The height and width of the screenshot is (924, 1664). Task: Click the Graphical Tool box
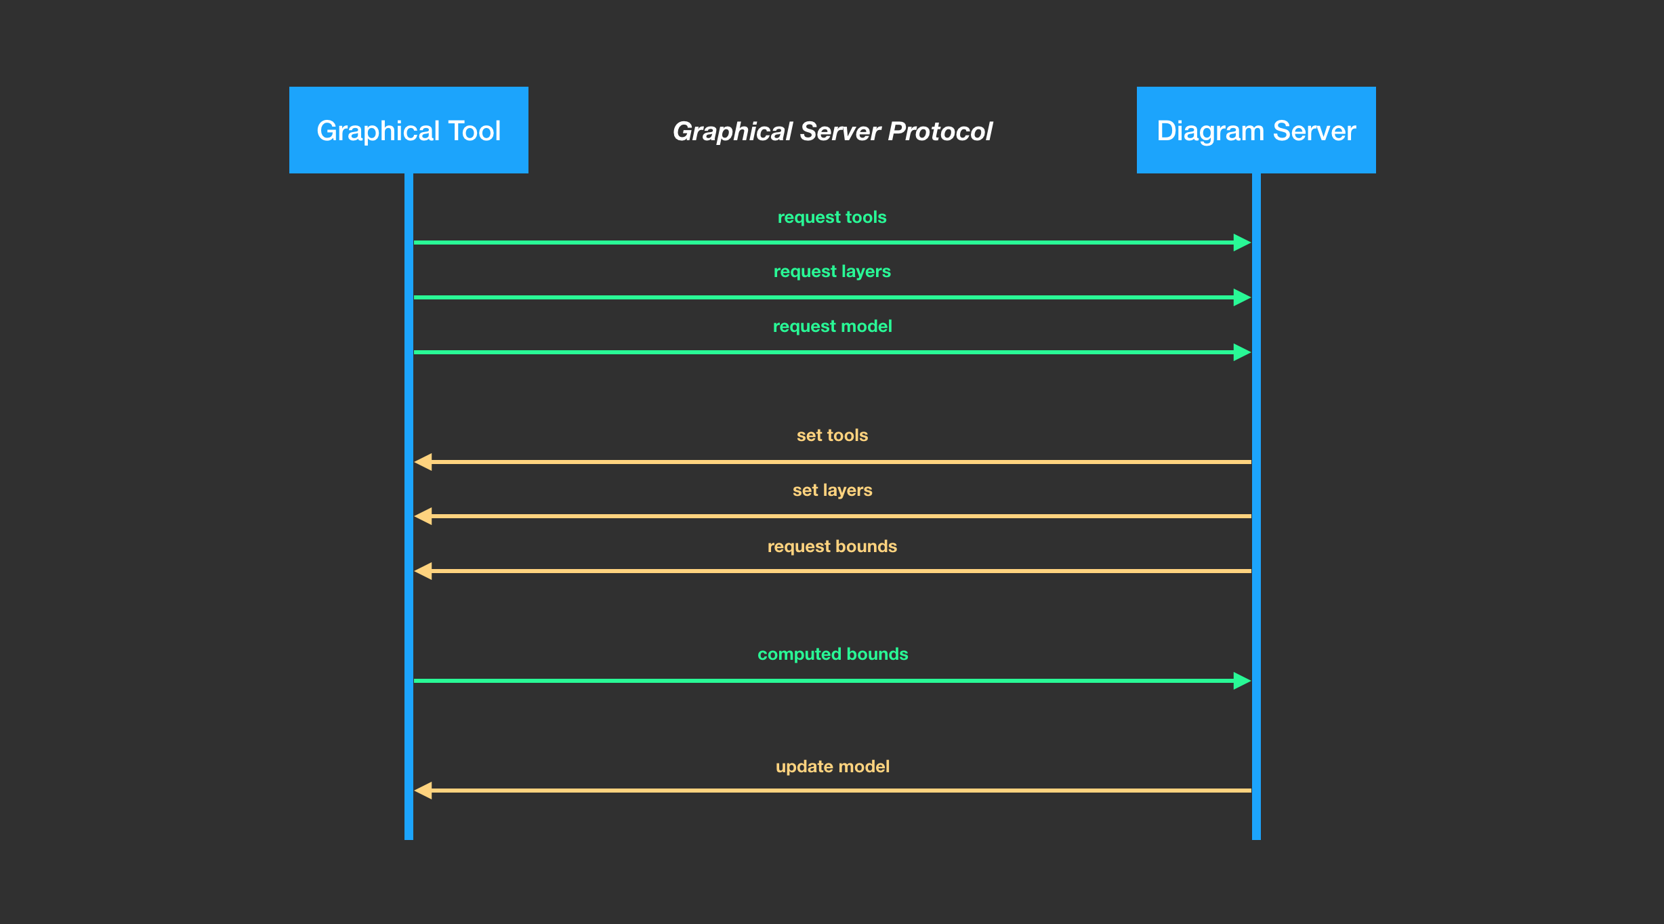409,130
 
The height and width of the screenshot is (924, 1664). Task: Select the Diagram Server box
1256,130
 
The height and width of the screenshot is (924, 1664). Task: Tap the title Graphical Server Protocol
832,131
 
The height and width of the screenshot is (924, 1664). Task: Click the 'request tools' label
832,217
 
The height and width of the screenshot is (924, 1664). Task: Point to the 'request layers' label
832,272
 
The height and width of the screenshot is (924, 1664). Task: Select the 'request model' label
832,327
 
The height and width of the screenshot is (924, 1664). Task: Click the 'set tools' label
832,436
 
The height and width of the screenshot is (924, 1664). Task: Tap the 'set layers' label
832,490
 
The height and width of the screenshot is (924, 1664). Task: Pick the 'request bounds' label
832,547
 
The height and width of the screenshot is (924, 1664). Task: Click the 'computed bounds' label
833,654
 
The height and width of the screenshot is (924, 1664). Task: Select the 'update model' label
832,767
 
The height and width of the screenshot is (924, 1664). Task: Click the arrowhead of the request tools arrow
1242,243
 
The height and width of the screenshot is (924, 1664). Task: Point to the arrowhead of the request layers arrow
1242,297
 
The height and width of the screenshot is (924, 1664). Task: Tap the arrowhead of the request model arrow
1242,352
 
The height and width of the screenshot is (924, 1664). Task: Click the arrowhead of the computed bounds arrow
1242,681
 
